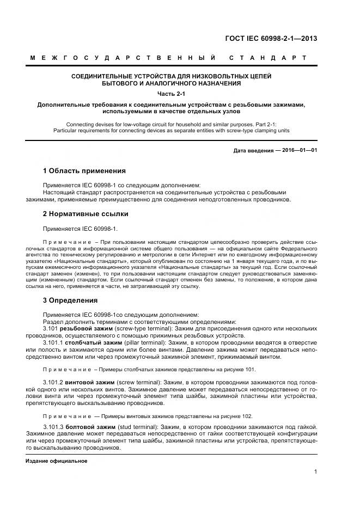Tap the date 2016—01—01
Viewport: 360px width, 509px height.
click(x=298, y=150)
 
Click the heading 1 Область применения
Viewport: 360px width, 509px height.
click(x=84, y=170)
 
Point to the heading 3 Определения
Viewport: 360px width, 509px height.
click(x=70, y=300)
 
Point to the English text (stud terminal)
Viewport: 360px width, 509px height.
click(x=137, y=425)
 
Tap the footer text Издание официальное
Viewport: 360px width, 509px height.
click(x=57, y=461)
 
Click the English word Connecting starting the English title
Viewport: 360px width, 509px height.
click(x=80, y=124)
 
